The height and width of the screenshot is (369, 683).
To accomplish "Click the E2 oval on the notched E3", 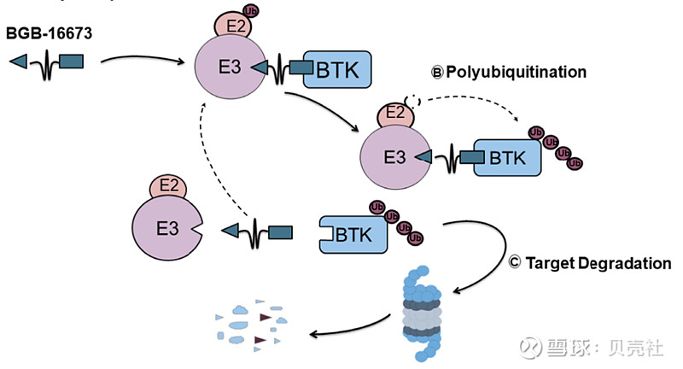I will coord(169,185).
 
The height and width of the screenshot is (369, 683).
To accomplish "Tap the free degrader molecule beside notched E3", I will coord(257,231).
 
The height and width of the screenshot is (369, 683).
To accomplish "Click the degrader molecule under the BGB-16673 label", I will coord(46,61).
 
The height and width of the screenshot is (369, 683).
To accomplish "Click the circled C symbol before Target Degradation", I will coord(514,263).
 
